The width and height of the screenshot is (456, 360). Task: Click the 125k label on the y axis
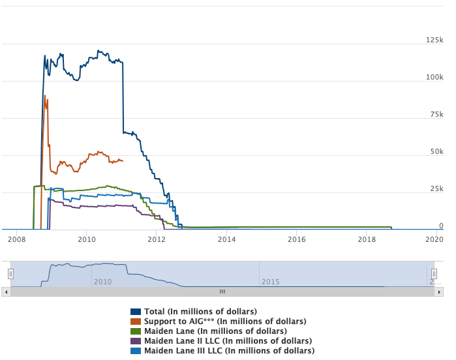pyautogui.click(x=434, y=40)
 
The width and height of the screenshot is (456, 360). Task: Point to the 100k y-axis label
pyautogui.click(x=434, y=78)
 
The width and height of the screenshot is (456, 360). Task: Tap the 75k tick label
pyautogui.click(x=436, y=115)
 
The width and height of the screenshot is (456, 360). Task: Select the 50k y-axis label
pyautogui.click(x=436, y=152)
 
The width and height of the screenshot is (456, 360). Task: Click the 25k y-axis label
pyautogui.click(x=436, y=189)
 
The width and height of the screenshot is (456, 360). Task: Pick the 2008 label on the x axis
pyautogui.click(x=17, y=239)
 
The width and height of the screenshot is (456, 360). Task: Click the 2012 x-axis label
pyautogui.click(x=157, y=239)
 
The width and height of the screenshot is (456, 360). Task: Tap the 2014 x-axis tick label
pyautogui.click(x=226, y=239)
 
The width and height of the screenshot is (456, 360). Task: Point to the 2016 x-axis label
pyautogui.click(x=296, y=239)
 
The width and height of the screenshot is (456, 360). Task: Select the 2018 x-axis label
pyautogui.click(x=366, y=239)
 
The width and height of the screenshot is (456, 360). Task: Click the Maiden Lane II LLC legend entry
pyautogui.click(x=228, y=341)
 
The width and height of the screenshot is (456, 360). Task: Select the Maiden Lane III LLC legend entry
pyautogui.click(x=229, y=351)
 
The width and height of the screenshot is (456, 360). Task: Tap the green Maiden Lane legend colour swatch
pyautogui.click(x=136, y=331)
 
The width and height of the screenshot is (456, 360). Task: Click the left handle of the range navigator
pyautogui.click(x=10, y=273)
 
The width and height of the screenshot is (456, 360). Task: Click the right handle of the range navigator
pyautogui.click(x=434, y=273)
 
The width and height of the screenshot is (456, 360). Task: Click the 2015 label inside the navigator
pyautogui.click(x=271, y=282)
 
